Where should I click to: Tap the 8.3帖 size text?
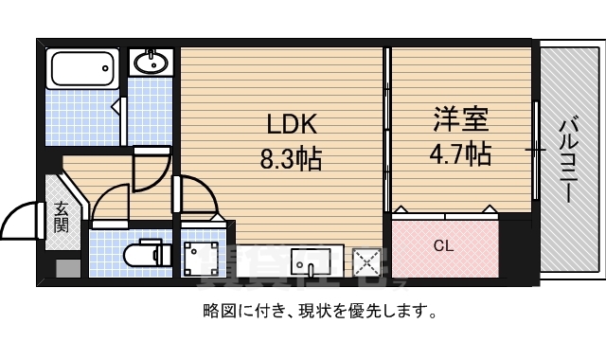coord(291,157)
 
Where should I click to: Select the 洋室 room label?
coord(460,120)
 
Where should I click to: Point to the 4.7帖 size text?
coord(460,153)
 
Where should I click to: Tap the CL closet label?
coord(443,246)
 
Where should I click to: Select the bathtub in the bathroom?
coord(82,68)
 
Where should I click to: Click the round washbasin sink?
coord(150,63)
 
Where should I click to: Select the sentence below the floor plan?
coord(319,310)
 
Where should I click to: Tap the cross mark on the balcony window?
coord(537,149)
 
